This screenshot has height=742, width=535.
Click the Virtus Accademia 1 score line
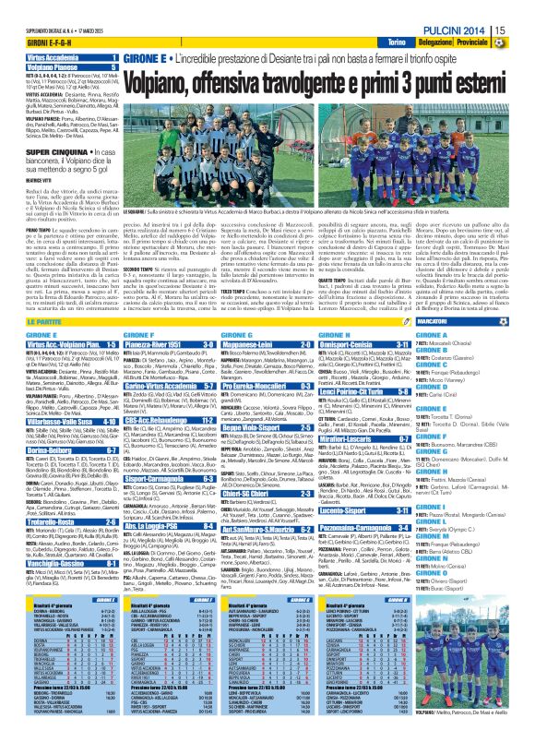[x=60, y=57]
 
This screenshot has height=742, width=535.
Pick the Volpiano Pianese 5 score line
[x=60, y=67]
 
